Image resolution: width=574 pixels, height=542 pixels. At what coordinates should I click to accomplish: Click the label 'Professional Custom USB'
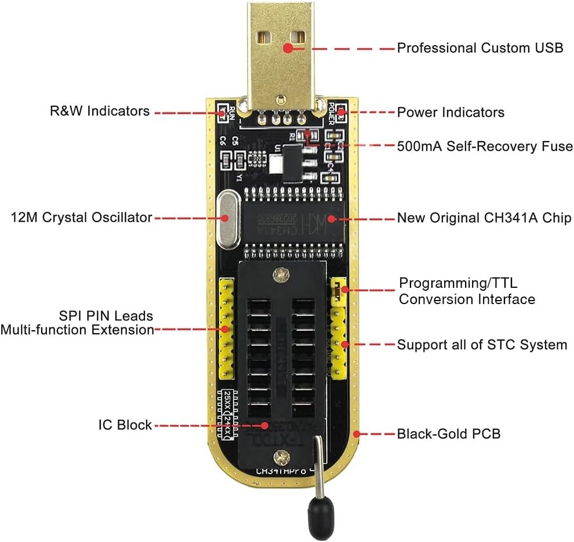coord(479,48)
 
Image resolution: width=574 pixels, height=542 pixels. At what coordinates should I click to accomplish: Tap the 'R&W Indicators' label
coord(100,111)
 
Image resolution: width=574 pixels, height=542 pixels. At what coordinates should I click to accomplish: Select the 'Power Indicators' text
coord(451,112)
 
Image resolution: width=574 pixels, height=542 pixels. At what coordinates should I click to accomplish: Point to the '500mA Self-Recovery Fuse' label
coord(485,146)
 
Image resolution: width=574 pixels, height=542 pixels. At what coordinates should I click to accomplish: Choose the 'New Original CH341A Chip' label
coord(484,218)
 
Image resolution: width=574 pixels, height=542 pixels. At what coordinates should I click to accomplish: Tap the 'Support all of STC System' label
coord(482,345)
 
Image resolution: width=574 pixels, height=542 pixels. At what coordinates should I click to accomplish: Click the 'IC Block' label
coord(125,425)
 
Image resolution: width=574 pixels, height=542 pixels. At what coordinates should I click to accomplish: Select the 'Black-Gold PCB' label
coord(448,433)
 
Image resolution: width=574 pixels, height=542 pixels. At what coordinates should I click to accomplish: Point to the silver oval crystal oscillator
coord(228,218)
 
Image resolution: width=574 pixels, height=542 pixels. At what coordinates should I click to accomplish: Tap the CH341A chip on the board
coord(296,219)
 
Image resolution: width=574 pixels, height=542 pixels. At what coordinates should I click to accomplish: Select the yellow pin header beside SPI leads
coord(226,328)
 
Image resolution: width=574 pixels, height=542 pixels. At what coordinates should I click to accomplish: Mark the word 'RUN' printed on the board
coord(232,110)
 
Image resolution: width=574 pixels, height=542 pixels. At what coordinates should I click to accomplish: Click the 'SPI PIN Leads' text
coord(106,316)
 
